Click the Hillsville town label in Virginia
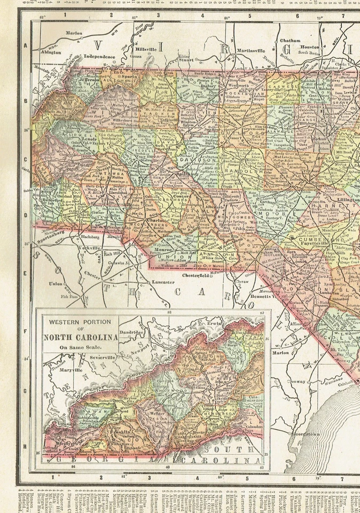pyautogui.click(x=145, y=49)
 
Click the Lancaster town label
pyautogui.click(x=162, y=282)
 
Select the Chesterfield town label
pyautogui.click(x=198, y=275)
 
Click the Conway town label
pyautogui.click(x=299, y=382)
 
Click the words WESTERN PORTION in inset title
pyautogui.click(x=80, y=322)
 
